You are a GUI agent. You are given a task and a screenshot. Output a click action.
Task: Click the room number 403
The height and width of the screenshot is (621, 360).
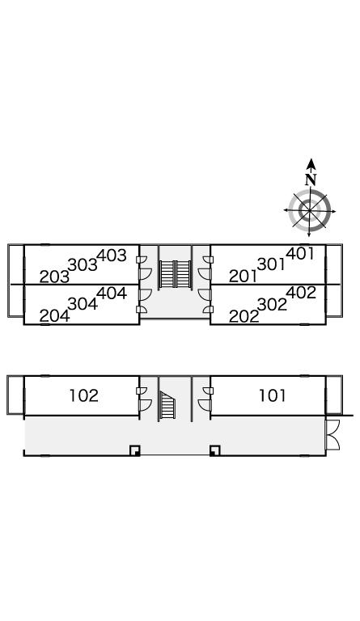click(x=112, y=256)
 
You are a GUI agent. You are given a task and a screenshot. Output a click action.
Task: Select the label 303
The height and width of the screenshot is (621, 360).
click(x=83, y=265)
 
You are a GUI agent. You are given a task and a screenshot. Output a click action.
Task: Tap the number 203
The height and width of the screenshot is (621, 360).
click(x=54, y=277)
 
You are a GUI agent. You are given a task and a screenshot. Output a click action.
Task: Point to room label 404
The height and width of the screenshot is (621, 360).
click(x=112, y=293)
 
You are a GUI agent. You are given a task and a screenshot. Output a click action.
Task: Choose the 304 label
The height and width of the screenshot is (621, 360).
click(x=83, y=304)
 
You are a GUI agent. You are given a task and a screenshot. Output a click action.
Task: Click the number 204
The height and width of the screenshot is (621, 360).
click(x=55, y=315)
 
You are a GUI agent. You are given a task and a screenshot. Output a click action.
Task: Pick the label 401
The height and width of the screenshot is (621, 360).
click(x=300, y=253)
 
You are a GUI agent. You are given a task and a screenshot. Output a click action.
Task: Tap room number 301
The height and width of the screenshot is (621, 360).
click(x=271, y=264)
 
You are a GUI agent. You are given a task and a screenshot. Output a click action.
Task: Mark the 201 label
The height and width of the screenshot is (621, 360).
click(x=244, y=276)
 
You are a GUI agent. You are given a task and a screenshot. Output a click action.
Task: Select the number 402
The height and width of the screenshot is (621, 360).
click(x=301, y=293)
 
